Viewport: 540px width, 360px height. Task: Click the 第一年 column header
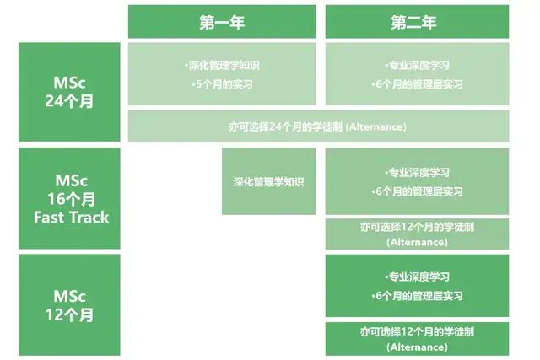click(x=222, y=21)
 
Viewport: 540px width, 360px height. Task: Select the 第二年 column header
click(x=417, y=21)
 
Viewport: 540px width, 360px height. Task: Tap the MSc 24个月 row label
click(x=69, y=92)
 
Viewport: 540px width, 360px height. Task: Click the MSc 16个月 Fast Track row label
click(x=69, y=198)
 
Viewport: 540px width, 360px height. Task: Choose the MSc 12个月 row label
click(x=69, y=305)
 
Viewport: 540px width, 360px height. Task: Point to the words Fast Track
click(x=71, y=218)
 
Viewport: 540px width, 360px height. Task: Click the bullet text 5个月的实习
click(x=223, y=84)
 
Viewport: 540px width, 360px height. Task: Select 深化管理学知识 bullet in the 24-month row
click(x=222, y=66)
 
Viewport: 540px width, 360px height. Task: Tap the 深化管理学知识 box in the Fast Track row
click(x=268, y=181)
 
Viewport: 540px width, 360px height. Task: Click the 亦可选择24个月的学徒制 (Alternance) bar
click(x=318, y=126)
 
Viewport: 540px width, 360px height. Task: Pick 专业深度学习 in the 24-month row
click(x=417, y=66)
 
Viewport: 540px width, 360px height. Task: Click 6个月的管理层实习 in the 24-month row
click(x=417, y=84)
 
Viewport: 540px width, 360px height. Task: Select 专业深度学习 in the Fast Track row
click(x=417, y=172)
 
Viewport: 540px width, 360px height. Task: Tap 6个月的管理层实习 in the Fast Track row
click(x=417, y=191)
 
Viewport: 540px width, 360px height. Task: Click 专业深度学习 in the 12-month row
click(x=417, y=277)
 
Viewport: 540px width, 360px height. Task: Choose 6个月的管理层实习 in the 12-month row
click(x=417, y=296)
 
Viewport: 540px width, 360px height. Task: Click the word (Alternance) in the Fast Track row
click(x=417, y=242)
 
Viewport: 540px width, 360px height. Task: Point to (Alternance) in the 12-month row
click(x=417, y=347)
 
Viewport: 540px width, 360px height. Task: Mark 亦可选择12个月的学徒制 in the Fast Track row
click(x=417, y=227)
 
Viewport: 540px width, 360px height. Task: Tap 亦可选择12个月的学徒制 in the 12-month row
click(x=417, y=332)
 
